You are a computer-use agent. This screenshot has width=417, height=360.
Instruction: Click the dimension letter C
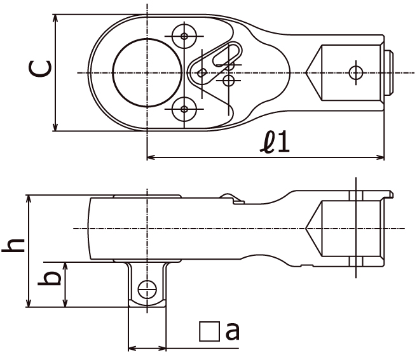tap(40, 69)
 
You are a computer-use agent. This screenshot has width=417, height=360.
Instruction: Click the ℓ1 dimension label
tap(275, 142)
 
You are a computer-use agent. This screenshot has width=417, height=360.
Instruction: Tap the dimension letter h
tap(13, 245)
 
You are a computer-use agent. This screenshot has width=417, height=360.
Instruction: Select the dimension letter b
tap(50, 278)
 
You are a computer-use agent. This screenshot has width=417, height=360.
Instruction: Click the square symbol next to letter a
tap(209, 331)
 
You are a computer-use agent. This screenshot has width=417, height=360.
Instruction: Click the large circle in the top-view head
tap(147, 73)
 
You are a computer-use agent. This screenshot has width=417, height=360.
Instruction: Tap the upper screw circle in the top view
tap(184, 36)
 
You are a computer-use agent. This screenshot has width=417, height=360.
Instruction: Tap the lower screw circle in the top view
tap(184, 109)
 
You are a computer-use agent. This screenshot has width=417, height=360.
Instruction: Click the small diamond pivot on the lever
tap(202, 73)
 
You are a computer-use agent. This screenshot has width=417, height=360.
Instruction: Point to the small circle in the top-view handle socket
tap(356, 73)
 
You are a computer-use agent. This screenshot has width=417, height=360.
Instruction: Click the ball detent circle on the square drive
tap(147, 290)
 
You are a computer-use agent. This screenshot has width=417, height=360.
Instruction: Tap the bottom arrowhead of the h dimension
tap(28, 303)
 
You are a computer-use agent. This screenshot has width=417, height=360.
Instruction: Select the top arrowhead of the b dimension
tap(65, 265)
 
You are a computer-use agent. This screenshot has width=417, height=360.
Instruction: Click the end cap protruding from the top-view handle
tap(389, 73)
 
